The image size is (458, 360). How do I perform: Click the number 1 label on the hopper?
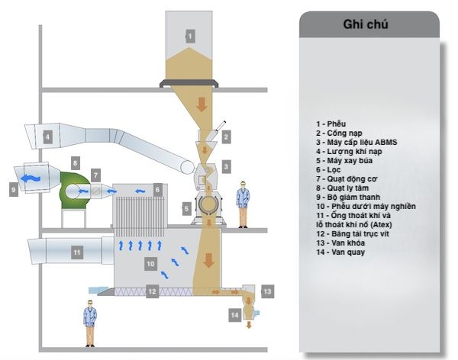tap(190, 36)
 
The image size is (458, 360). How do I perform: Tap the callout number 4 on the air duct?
tap(47, 137)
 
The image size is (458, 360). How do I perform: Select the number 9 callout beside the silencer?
tap(14, 189)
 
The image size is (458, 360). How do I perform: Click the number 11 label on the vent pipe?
tap(77, 252)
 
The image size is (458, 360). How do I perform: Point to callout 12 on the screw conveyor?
tap(152, 291)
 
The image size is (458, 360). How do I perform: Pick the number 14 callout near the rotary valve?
tap(234, 315)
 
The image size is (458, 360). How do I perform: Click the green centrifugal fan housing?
tap(73, 191)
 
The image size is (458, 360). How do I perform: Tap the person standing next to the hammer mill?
tap(243, 204)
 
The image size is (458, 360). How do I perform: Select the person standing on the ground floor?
tap(90, 323)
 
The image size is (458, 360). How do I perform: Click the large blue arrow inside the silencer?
tap(32, 178)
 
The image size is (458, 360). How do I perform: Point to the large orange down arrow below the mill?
tap(208, 260)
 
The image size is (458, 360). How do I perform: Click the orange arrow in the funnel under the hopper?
tap(202, 104)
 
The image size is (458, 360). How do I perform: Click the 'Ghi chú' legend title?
tap(366, 24)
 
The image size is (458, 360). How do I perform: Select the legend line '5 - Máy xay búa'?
tap(344, 161)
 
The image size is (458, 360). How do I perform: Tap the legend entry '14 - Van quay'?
tap(340, 252)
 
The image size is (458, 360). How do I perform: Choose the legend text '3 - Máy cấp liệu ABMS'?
tap(356, 142)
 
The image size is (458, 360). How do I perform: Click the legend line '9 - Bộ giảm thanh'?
tap(348, 197)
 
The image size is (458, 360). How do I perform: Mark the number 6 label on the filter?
tap(157, 190)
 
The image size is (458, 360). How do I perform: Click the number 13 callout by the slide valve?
tap(267, 291)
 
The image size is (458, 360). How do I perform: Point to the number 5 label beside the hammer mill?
tap(187, 209)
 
